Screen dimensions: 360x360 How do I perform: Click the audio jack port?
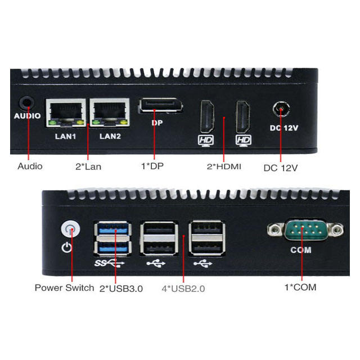(27, 103)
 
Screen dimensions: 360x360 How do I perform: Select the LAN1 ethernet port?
(66, 112)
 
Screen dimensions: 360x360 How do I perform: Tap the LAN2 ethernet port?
(110, 112)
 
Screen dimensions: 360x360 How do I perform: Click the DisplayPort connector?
(160, 106)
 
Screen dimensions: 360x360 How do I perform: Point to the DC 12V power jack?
(281, 109)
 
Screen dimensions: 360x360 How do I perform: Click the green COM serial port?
(306, 230)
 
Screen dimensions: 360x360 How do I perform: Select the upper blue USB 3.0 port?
(113, 229)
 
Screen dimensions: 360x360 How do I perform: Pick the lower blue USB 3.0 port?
(113, 247)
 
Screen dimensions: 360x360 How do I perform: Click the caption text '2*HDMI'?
(224, 166)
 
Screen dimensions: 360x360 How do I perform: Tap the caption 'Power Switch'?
(64, 287)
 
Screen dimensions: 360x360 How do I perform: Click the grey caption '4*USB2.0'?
(183, 289)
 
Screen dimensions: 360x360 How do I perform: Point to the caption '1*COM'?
(300, 287)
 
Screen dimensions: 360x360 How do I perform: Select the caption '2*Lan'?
(88, 166)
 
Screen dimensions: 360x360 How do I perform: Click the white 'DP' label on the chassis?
(157, 123)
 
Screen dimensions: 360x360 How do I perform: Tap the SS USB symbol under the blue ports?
(110, 263)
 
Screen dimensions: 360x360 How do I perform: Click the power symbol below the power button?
(67, 247)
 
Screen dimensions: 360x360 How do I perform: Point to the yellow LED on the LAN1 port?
(80, 123)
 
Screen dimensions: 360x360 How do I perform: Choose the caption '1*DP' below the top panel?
(152, 166)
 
